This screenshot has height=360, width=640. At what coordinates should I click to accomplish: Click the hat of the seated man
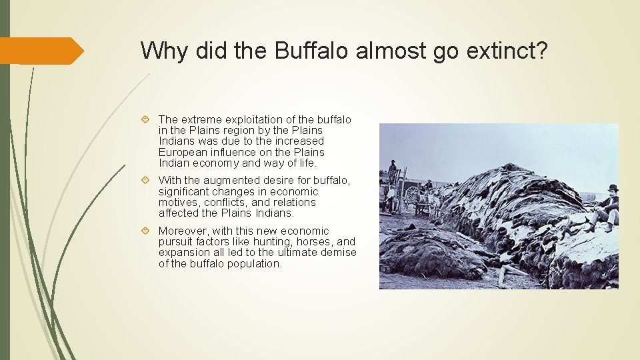tap(612, 189)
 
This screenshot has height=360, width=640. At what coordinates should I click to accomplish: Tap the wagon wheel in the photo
tap(413, 195)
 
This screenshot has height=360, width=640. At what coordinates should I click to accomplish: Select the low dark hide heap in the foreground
tap(433, 257)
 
